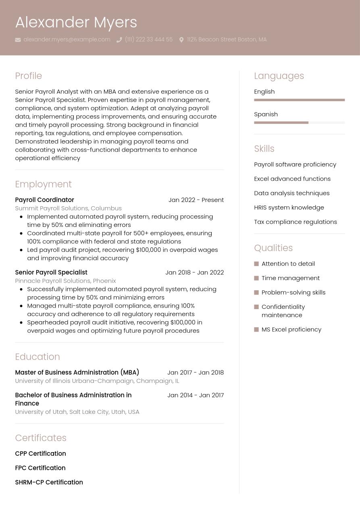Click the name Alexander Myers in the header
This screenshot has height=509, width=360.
pyautogui.click(x=76, y=23)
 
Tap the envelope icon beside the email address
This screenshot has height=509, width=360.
pyautogui.click(x=18, y=40)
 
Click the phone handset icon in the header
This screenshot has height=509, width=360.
pyautogui.click(x=119, y=40)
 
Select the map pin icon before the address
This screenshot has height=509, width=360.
pyautogui.click(x=181, y=40)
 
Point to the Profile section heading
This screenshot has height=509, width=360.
pyautogui.click(x=28, y=76)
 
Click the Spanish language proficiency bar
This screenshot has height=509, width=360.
pyautogui.click(x=299, y=123)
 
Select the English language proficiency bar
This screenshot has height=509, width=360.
pyautogui.click(x=299, y=100)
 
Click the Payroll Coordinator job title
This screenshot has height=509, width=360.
pyautogui.click(x=44, y=200)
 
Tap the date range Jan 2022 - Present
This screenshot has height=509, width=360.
pyautogui.click(x=196, y=200)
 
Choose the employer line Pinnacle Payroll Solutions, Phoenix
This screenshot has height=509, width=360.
pyautogui.click(x=65, y=280)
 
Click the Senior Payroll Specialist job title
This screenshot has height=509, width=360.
pyautogui.click(x=51, y=272)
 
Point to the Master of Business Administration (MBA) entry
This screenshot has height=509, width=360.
pyautogui.click(x=77, y=372)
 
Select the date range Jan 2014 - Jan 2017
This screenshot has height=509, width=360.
pyautogui.click(x=196, y=395)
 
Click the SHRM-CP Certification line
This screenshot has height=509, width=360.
pyautogui.click(x=49, y=482)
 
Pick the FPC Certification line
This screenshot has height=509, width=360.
pyautogui.click(x=40, y=468)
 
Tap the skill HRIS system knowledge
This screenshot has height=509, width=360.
pyautogui.click(x=289, y=208)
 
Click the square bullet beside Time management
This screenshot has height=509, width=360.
pyautogui.click(x=256, y=278)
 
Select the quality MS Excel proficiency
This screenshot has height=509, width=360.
pyautogui.click(x=291, y=329)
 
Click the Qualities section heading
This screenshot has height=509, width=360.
pyautogui.click(x=273, y=248)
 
